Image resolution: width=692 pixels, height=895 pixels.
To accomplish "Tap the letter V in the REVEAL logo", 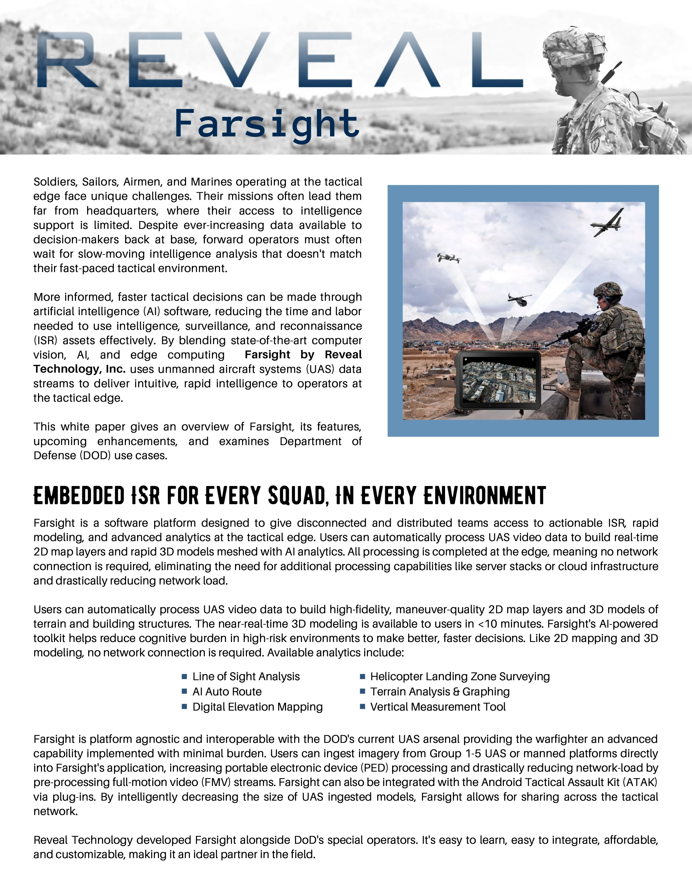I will pos(237,60).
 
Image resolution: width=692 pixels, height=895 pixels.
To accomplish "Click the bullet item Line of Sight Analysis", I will pos(246,677).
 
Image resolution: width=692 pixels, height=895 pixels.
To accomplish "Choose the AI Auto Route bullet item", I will pos(227,692).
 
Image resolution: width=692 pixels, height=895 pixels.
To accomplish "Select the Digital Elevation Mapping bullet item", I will pos(258,707).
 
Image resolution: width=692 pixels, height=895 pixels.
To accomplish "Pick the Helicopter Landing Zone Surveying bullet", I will pos(459,677).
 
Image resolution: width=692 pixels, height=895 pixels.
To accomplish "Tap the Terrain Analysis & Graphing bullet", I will pos(439,692).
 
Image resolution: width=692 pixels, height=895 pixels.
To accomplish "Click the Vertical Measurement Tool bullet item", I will pos(437,707).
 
